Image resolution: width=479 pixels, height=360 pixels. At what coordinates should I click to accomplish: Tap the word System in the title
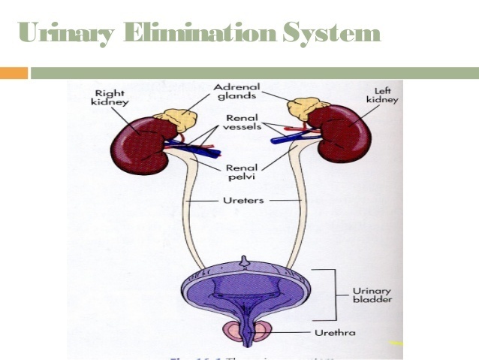pos(330,34)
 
